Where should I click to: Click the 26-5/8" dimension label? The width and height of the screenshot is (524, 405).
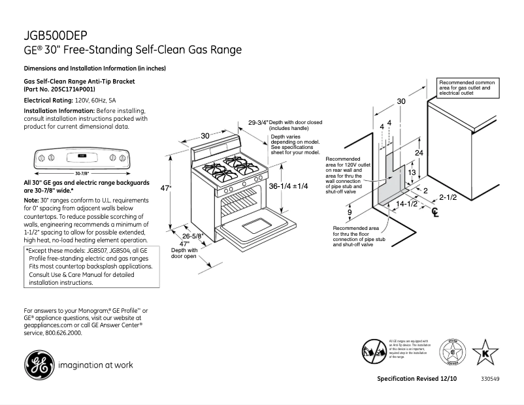click(192, 236)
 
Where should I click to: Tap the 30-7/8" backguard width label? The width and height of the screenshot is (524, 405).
click(82, 173)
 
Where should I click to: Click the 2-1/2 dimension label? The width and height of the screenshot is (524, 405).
click(447, 197)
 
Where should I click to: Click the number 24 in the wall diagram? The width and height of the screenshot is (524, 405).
click(419, 152)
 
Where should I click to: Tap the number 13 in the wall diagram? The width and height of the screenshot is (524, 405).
click(412, 172)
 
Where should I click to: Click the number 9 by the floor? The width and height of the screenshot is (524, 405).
click(350, 213)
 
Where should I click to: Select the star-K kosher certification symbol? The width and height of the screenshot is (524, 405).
click(485, 352)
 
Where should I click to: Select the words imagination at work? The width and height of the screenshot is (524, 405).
click(96, 364)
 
